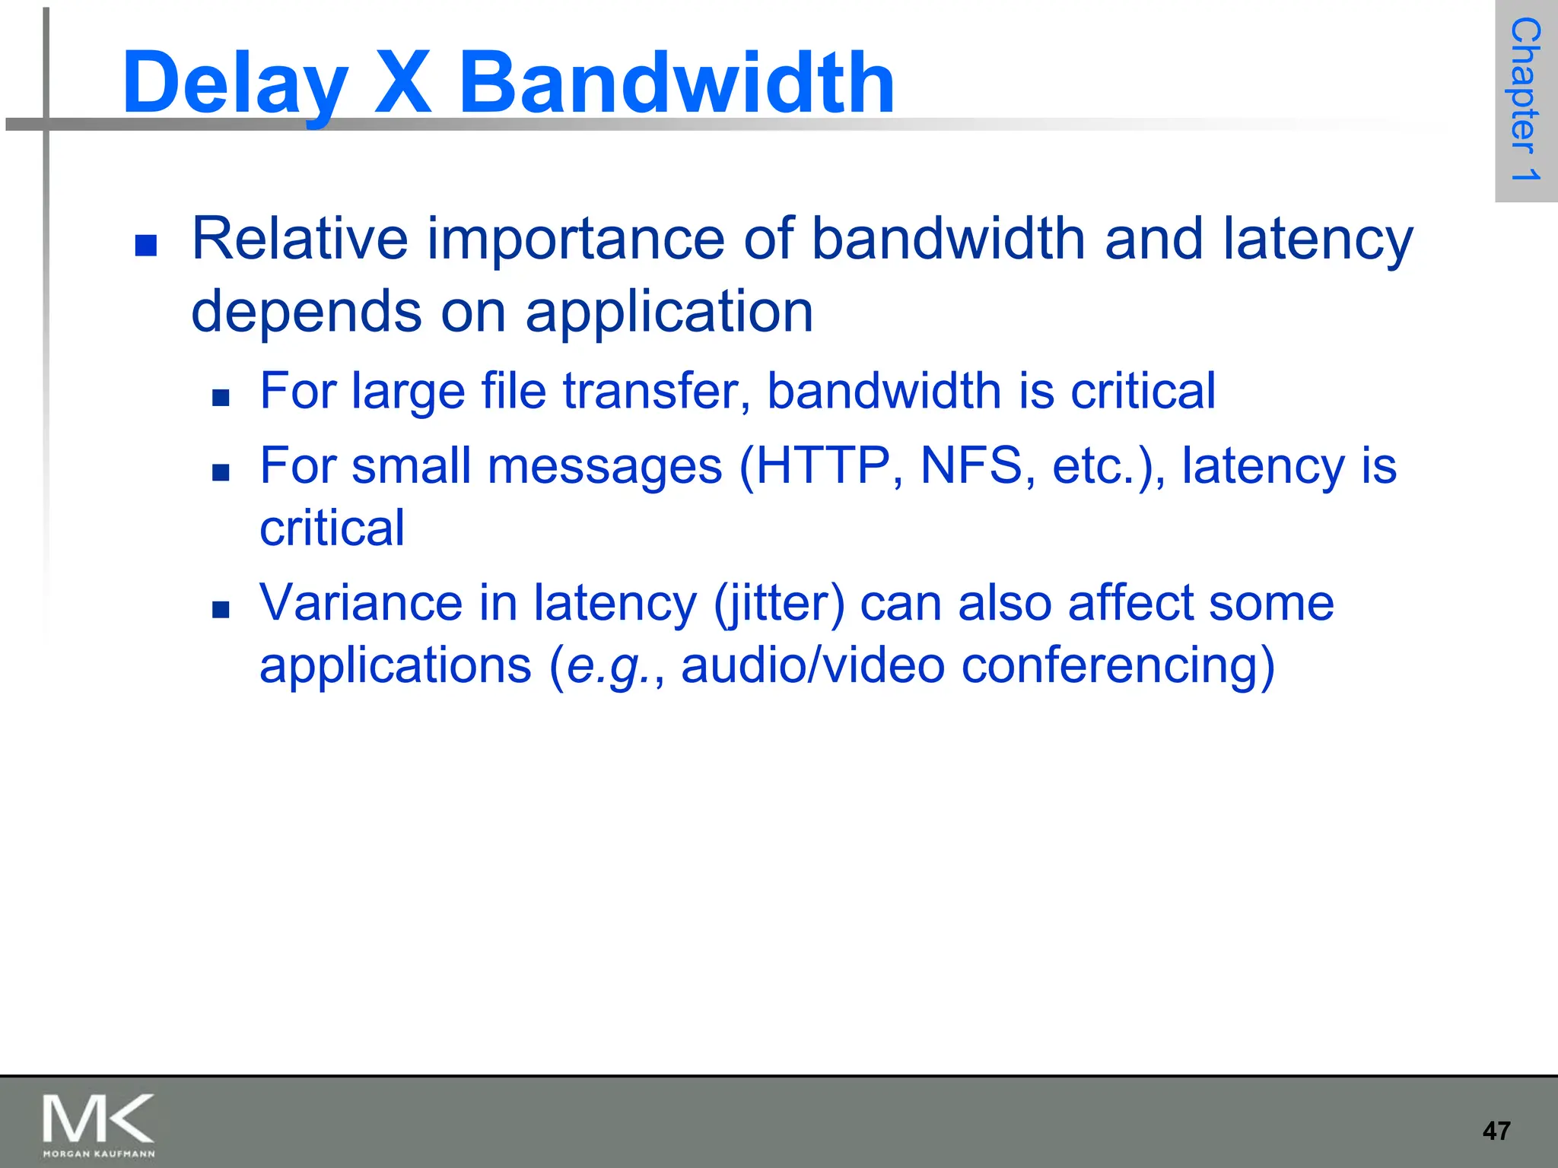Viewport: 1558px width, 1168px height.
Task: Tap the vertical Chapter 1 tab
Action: [1525, 100]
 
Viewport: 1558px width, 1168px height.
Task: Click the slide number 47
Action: [1496, 1131]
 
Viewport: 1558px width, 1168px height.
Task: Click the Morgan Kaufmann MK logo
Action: [98, 1125]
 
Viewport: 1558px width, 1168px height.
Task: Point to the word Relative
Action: [300, 239]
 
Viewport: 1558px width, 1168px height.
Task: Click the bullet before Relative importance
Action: [145, 246]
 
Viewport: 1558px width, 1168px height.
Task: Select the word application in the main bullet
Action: [669, 313]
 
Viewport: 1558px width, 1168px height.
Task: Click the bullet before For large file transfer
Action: [221, 398]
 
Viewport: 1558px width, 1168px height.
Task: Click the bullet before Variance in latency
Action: [221, 609]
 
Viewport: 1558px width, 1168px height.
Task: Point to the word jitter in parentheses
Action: [779, 604]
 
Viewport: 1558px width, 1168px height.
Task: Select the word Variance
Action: [361, 603]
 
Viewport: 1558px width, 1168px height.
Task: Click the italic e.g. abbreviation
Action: [605, 667]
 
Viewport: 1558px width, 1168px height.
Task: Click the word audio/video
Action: [812, 666]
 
